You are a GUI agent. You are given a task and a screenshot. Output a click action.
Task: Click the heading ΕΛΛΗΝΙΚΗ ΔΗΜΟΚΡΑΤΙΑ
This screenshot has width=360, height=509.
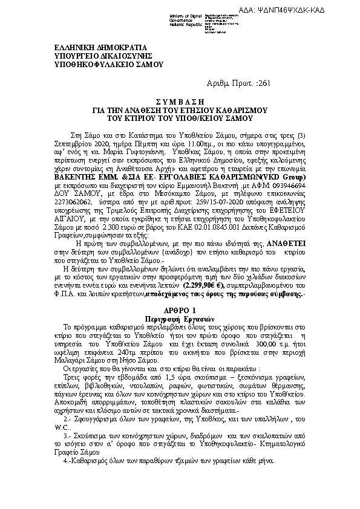pyautogui.click(x=96, y=47)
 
